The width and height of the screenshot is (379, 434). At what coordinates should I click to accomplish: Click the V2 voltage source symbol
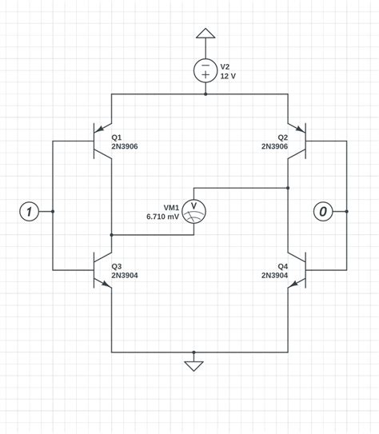[x=205, y=70]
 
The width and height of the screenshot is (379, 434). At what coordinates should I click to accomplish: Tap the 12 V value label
[x=229, y=76]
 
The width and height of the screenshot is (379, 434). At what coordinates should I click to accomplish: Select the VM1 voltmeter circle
[x=193, y=211]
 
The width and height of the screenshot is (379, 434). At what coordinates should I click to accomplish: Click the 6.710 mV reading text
[x=163, y=217]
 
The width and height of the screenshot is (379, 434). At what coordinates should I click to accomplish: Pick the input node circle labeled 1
[x=29, y=211]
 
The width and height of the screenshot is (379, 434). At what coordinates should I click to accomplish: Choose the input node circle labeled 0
[x=323, y=211]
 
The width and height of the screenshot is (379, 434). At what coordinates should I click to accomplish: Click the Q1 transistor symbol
[x=101, y=141]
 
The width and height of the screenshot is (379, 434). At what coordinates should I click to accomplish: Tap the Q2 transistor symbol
[x=298, y=141]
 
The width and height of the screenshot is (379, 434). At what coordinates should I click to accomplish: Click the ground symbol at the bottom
[x=193, y=366]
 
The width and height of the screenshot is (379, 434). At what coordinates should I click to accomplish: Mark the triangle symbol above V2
[x=205, y=34]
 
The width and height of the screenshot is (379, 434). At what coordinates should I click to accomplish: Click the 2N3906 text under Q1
[x=125, y=146]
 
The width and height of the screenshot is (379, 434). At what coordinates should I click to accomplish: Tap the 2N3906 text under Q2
[x=274, y=146]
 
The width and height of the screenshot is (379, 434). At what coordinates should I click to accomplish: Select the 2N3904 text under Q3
[x=125, y=275]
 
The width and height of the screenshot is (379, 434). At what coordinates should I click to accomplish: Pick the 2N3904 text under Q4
[x=274, y=275]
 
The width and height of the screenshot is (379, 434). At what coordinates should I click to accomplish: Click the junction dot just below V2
[x=205, y=94]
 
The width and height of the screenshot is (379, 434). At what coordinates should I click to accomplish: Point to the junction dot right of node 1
[x=53, y=211]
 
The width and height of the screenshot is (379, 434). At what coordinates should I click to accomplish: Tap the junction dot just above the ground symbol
[x=193, y=352]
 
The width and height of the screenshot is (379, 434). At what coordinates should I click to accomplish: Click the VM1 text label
[x=171, y=207]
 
